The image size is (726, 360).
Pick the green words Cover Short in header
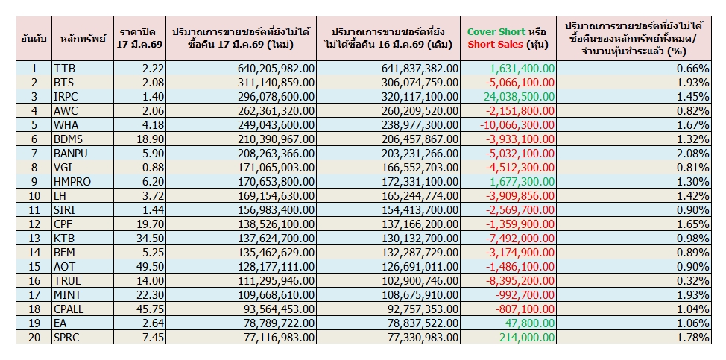pyautogui.click(x=495, y=31)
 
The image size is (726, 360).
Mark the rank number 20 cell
pyautogui.click(x=33, y=336)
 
